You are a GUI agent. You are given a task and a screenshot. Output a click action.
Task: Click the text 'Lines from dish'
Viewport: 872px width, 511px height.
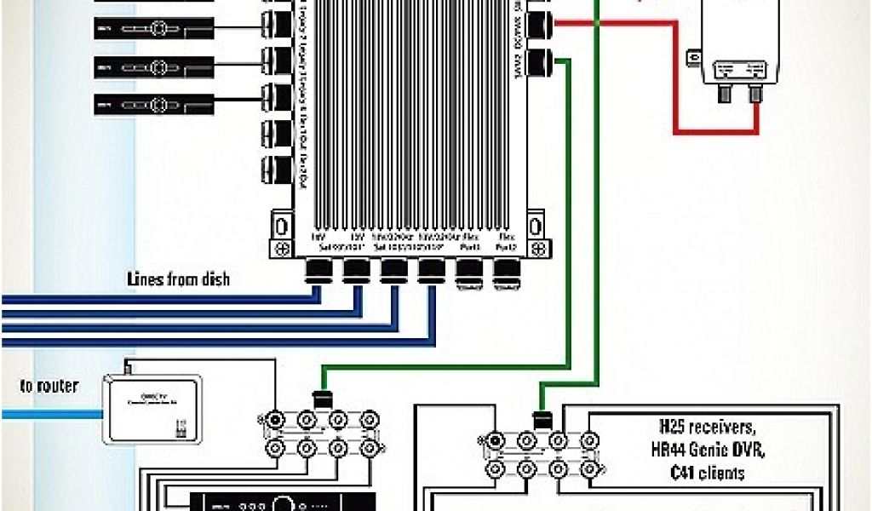point(178,278)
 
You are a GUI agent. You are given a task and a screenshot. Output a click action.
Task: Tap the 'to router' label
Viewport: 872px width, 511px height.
point(49,386)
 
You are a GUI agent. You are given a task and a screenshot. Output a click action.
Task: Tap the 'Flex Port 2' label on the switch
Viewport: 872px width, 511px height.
point(506,241)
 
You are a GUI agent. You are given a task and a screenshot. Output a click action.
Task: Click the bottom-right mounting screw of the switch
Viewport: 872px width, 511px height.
point(537,248)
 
